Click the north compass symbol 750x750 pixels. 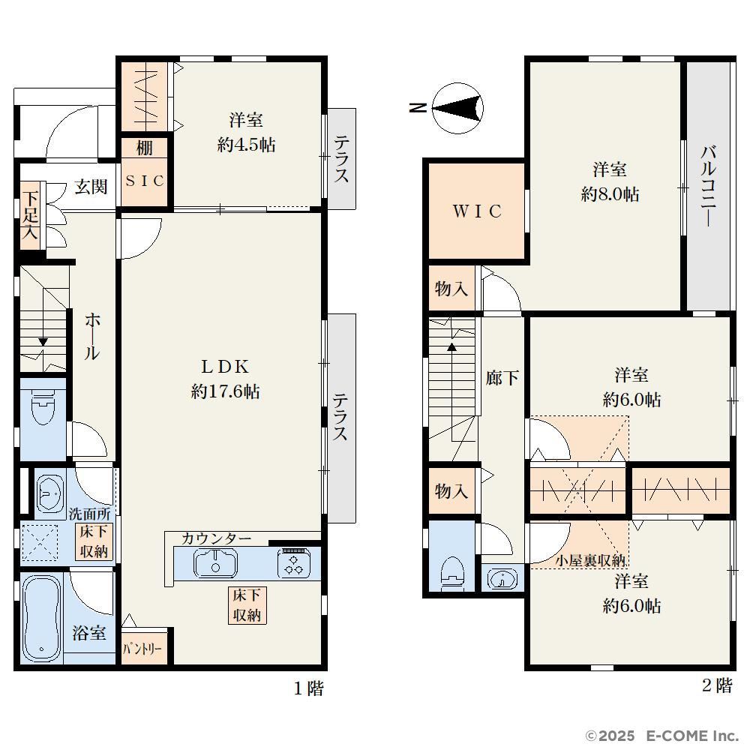457,108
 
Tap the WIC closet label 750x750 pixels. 477,211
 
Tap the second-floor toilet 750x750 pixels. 452,571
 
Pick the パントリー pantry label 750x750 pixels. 142,649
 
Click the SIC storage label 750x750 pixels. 145,181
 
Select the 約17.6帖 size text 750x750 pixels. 225,391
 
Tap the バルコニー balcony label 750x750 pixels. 709,186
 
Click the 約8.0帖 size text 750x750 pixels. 610,194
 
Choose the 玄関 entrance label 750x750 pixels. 91,186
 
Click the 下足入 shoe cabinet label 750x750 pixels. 30,214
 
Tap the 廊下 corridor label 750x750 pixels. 502,378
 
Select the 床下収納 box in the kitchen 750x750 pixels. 247,605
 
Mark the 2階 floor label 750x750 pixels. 717,685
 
